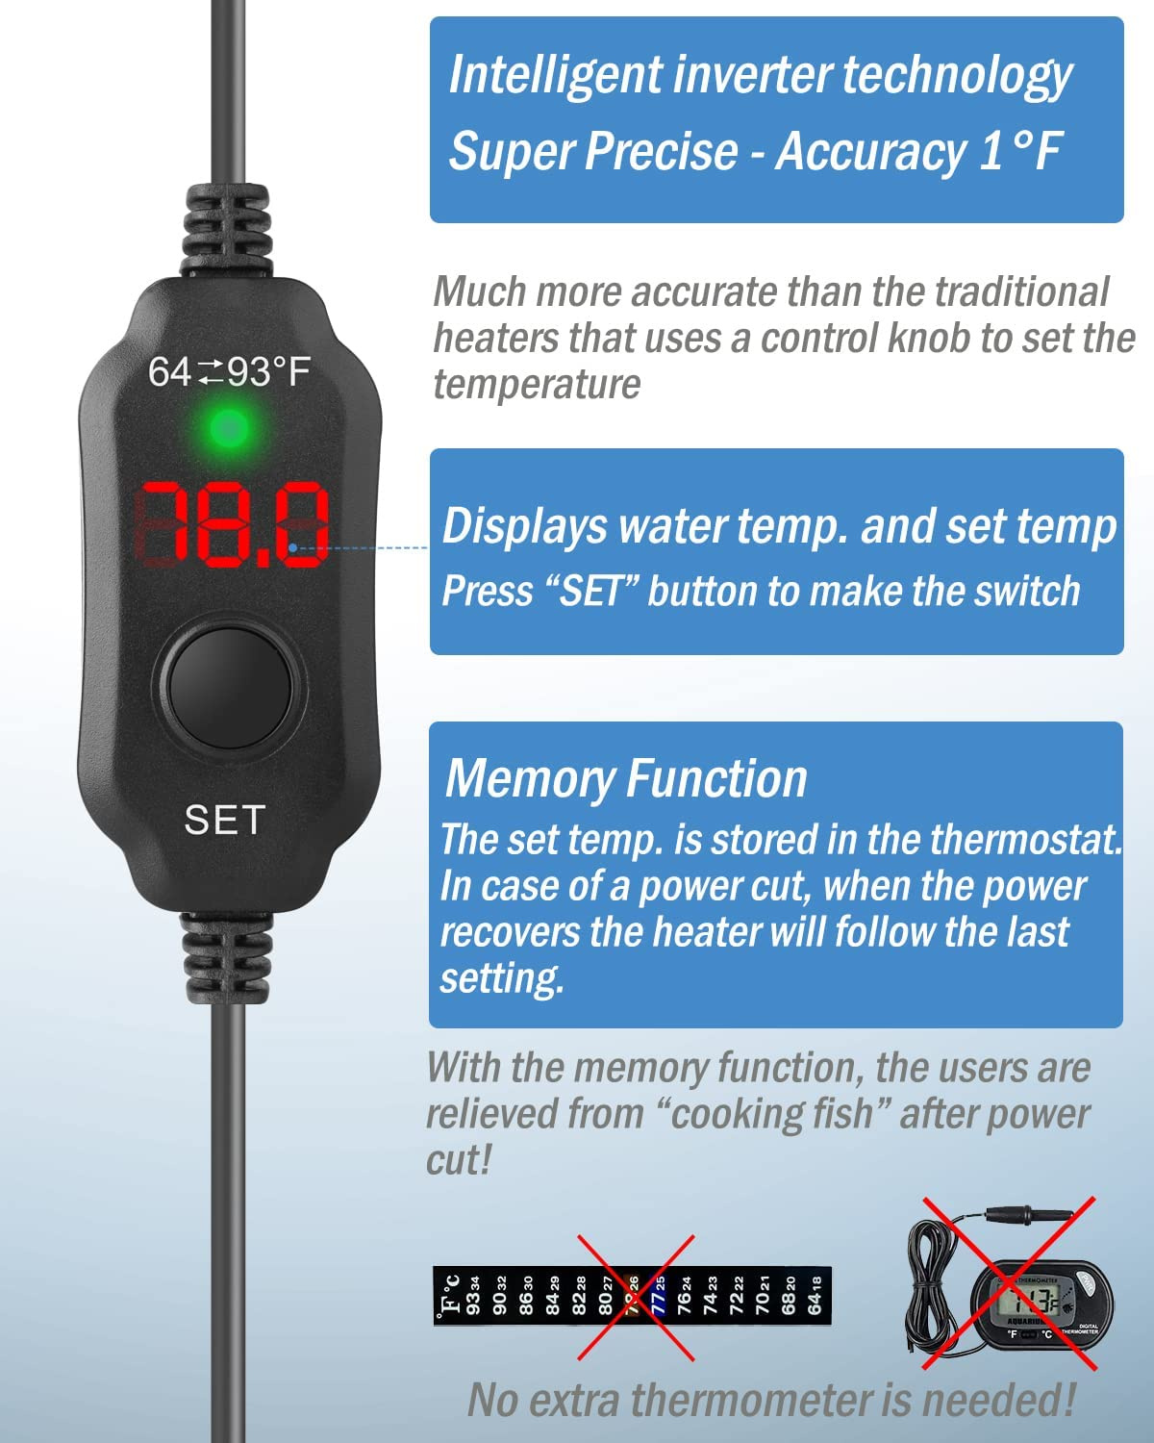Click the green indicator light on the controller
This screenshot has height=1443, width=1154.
[x=228, y=428]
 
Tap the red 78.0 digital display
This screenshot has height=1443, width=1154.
[x=234, y=524]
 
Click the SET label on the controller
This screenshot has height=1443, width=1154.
[x=224, y=821]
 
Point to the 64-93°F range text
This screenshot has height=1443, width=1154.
[x=229, y=371]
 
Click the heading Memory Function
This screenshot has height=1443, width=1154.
[x=626, y=778]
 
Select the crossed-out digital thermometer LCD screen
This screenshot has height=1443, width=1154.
[x=1022, y=1304]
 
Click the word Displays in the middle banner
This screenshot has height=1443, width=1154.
[x=525, y=527]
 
